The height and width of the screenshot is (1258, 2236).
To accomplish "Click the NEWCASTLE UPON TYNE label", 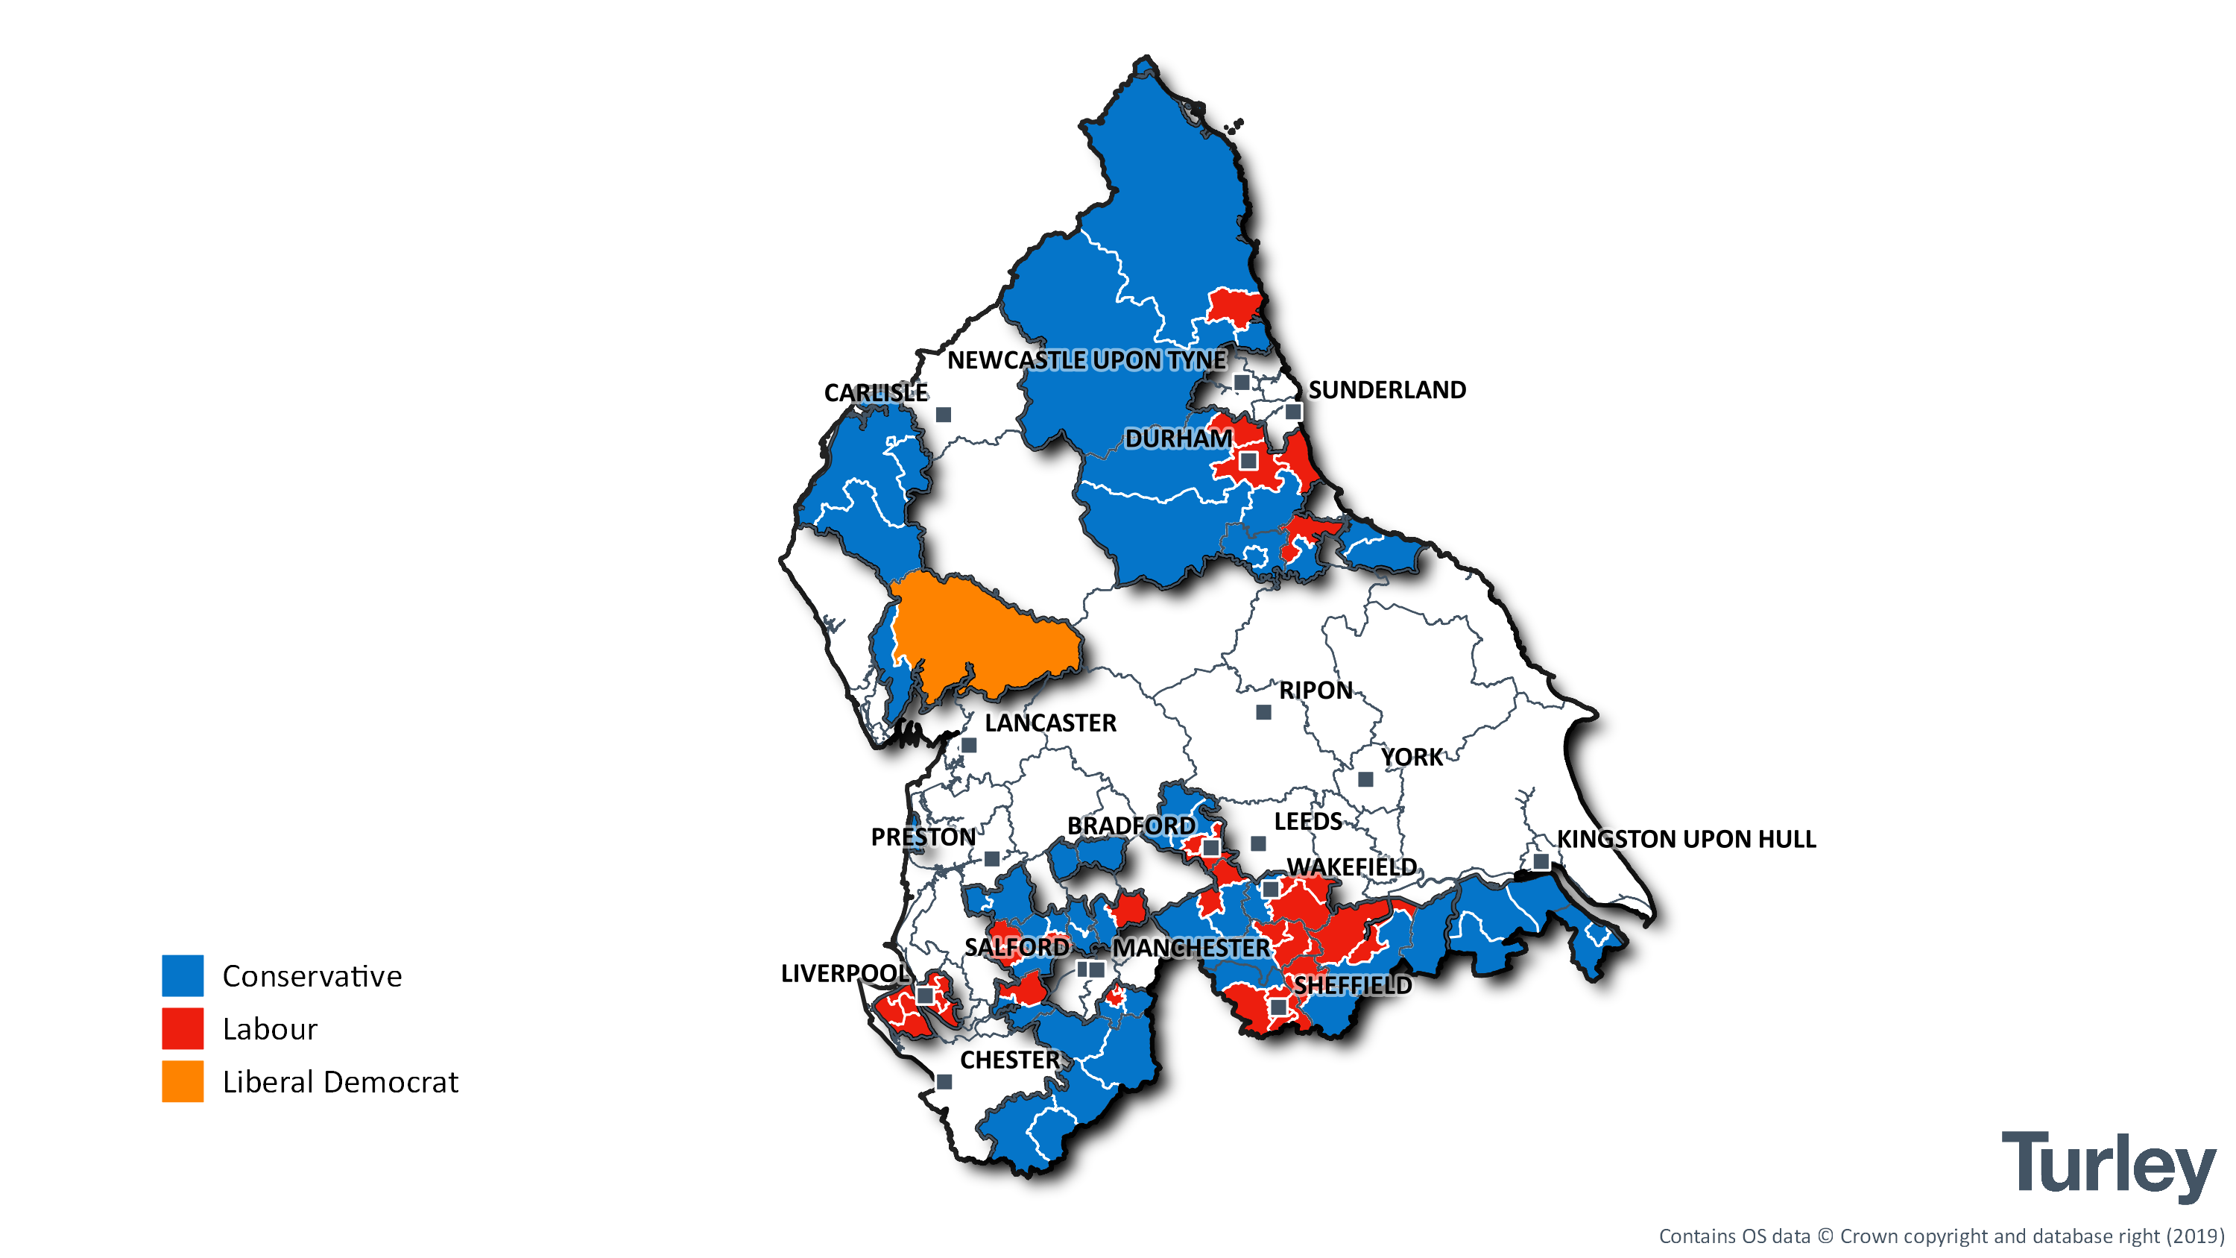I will (1086, 359).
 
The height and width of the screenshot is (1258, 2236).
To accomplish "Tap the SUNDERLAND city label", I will (1386, 390).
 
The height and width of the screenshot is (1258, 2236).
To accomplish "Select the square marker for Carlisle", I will (944, 415).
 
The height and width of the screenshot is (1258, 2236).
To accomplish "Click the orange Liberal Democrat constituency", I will (981, 634).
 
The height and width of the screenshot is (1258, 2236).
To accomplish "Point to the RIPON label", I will (1315, 691).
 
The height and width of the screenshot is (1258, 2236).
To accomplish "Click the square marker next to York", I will (1365, 779).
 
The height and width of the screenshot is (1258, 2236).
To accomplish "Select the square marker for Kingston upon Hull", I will (1541, 861).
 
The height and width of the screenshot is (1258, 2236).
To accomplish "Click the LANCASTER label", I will (1049, 723).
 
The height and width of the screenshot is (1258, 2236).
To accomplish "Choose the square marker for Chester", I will (944, 1082).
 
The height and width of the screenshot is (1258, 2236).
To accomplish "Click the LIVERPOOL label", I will (844, 973).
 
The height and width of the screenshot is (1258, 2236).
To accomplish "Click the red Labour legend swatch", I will (183, 1029).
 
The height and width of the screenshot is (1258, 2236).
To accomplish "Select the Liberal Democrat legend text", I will (339, 1082).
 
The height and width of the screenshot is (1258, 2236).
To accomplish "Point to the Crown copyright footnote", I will (1941, 1236).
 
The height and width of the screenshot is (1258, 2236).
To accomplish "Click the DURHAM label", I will (1178, 438).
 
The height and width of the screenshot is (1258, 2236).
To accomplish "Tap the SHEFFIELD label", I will (1352, 984).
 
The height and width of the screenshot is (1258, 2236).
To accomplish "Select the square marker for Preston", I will (991, 858).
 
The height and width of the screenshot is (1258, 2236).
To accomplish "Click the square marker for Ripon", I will (1264, 712).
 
